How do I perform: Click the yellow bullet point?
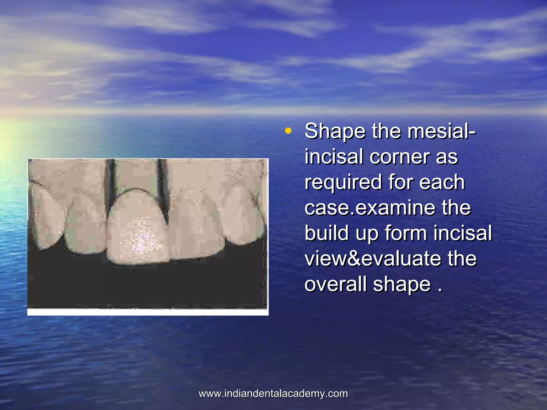tap(288, 131)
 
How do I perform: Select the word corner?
tap(400, 157)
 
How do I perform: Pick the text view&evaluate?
tap(373, 258)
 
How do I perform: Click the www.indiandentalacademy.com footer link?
tap(273, 394)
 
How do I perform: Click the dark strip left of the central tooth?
tap(110, 187)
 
